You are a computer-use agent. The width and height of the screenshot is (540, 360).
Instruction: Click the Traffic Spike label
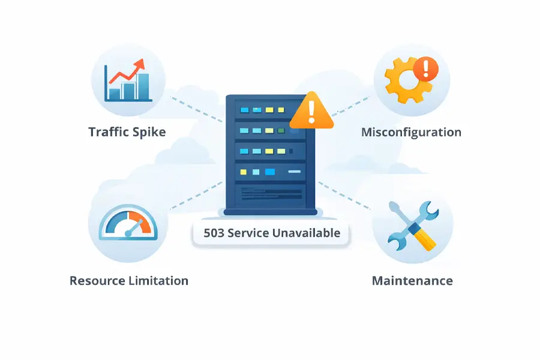[127, 132]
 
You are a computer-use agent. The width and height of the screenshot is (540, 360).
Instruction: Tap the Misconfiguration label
[411, 132]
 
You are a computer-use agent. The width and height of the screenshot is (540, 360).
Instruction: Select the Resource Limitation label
[129, 280]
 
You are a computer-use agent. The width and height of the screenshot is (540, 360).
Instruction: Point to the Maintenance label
[412, 280]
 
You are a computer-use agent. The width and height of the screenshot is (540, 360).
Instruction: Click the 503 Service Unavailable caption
[271, 233]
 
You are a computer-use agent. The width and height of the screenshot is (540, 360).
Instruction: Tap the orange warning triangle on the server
[311, 112]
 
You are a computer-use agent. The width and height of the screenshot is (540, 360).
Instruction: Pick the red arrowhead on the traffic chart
[140, 64]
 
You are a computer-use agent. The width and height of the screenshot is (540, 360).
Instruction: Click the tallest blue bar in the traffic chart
[143, 86]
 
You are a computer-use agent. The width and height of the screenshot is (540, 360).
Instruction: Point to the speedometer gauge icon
[128, 225]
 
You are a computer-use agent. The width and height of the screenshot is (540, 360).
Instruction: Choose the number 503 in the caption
[214, 233]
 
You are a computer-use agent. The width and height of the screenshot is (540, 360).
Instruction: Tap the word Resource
[98, 280]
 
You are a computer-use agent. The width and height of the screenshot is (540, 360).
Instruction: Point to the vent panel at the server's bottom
[271, 193]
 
